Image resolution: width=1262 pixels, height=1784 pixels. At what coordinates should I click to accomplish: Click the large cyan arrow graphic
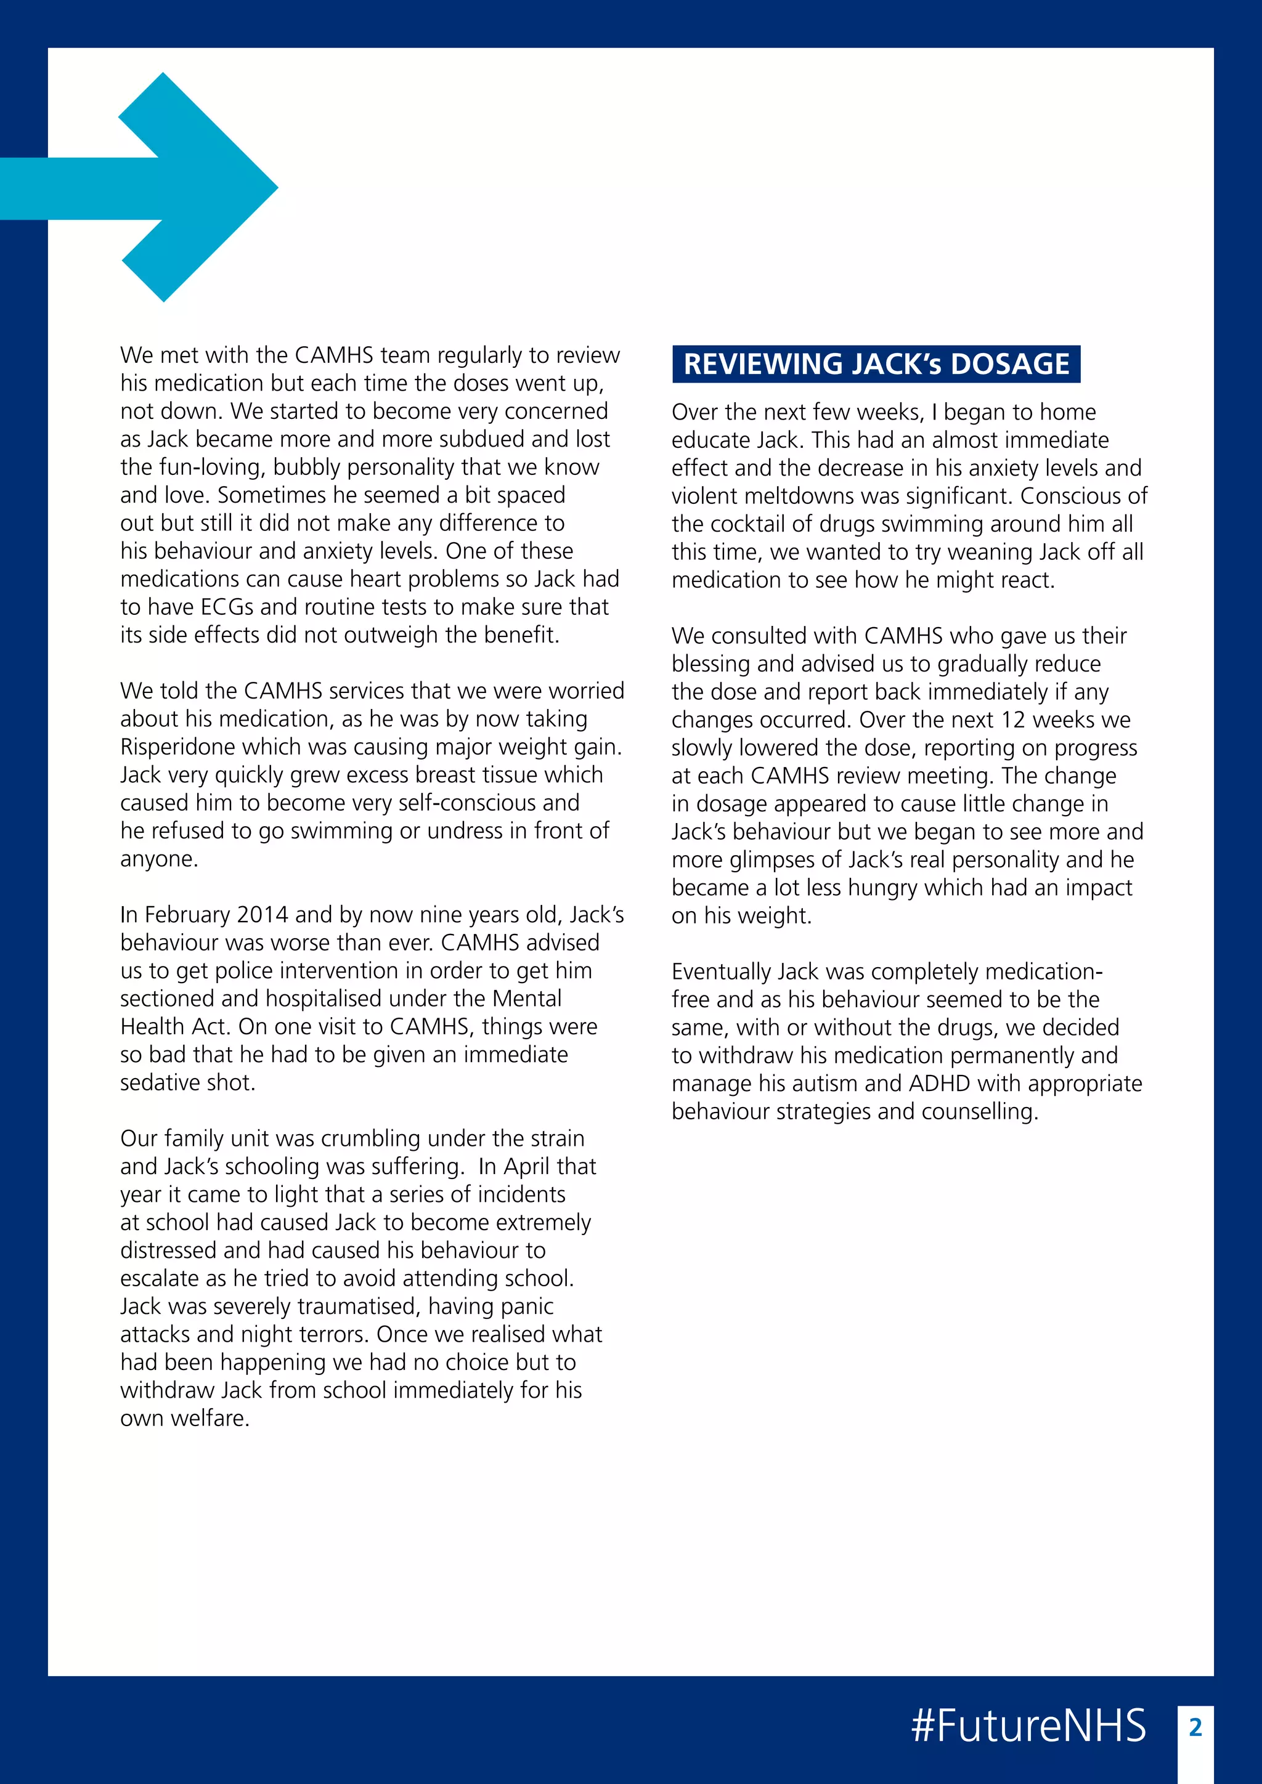(x=187, y=187)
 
